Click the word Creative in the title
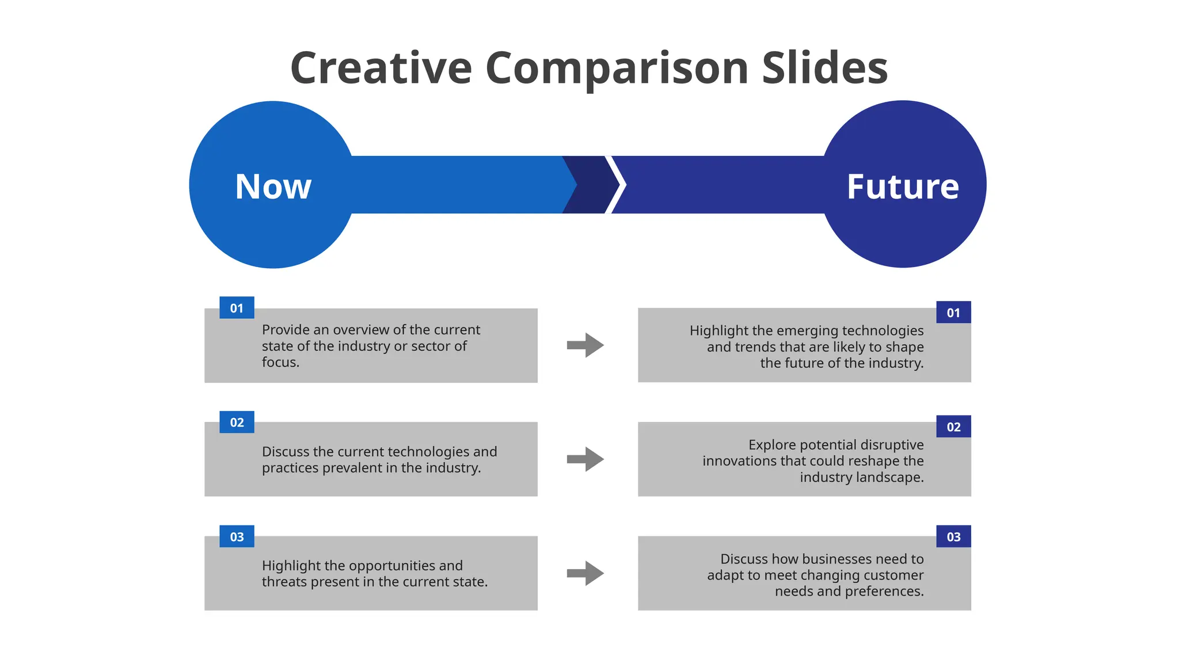pos(381,68)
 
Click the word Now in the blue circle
pos(273,186)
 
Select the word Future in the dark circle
pos(903,186)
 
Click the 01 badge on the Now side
pos(237,308)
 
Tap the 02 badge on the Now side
pos(237,422)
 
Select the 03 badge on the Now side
pos(237,537)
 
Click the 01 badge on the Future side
pos(953,313)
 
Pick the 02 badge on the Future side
pos(953,427)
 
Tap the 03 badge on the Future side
pos(953,537)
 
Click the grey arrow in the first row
pos(585,345)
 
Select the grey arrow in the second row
pos(585,459)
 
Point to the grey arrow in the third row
pos(585,573)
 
